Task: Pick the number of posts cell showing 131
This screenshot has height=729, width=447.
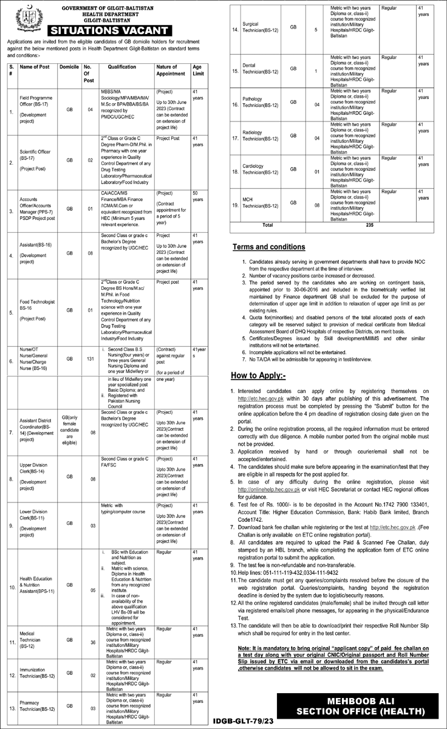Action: pyautogui.click(x=87, y=359)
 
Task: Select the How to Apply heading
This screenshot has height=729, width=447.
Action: pyautogui.click(x=260, y=377)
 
